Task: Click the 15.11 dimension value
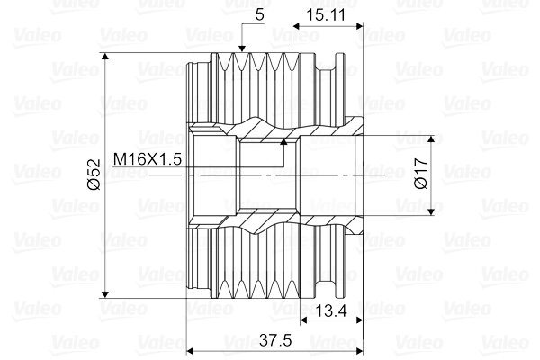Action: (325, 15)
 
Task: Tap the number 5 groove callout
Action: (260, 14)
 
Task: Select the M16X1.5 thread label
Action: (148, 159)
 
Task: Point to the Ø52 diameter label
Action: (94, 175)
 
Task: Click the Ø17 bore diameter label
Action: (421, 174)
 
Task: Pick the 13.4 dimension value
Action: (331, 311)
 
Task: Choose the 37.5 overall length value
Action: (275, 340)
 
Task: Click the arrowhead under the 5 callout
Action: (242, 49)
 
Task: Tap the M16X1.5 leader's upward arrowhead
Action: (283, 141)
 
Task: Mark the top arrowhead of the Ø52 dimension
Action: (105, 57)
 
